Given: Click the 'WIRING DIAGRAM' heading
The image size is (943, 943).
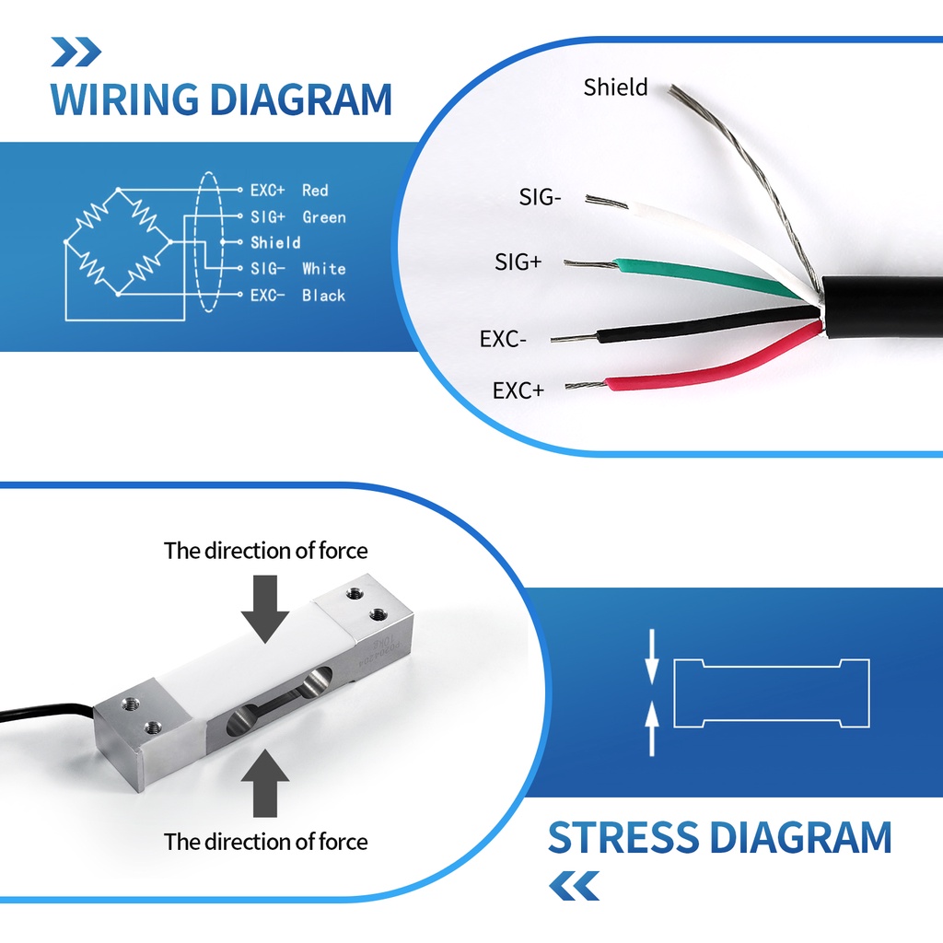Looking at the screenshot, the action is [x=221, y=99].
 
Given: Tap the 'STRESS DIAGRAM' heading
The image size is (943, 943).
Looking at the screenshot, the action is [x=719, y=837].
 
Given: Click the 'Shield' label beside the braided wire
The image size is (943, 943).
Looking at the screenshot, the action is [x=615, y=87].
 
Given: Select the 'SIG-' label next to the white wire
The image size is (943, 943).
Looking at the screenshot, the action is [x=540, y=197].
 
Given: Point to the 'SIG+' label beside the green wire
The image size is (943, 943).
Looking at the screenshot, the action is [x=518, y=262].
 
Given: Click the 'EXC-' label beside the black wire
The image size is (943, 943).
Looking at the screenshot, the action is [x=503, y=339].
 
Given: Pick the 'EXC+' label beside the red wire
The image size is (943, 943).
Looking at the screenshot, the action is [x=518, y=390].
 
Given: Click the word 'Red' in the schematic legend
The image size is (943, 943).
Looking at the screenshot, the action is [x=315, y=191].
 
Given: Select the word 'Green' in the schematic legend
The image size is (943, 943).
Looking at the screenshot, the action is [x=324, y=217].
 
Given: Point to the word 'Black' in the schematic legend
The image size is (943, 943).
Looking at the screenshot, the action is [x=323, y=296].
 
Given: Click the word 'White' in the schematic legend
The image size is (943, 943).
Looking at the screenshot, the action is [x=323, y=269].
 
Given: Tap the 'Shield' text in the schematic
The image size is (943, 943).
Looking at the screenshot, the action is [x=275, y=243].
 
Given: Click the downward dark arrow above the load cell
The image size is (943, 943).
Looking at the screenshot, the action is [x=265, y=609].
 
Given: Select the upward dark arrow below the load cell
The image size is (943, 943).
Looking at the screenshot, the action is [x=265, y=783].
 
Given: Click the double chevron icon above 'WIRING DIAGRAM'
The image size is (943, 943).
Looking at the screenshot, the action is [x=76, y=52].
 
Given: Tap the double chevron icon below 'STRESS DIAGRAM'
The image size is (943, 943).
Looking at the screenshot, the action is [x=575, y=886].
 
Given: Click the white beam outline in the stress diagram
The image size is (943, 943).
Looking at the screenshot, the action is [x=772, y=659].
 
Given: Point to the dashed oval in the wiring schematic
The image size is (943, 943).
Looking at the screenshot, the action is [x=195, y=242].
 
